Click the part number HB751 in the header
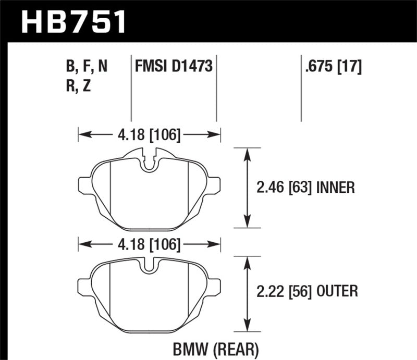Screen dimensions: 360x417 click(73, 22)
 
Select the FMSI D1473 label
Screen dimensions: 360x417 click(173, 67)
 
